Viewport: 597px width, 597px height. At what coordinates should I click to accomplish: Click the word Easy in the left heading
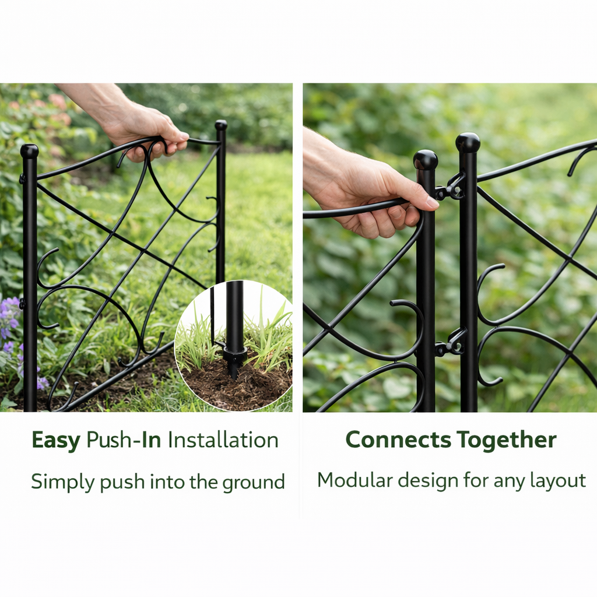55,441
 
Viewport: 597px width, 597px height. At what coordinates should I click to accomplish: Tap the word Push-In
124,441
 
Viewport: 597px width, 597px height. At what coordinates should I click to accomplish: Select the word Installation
223,440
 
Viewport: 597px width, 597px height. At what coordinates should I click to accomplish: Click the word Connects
398,440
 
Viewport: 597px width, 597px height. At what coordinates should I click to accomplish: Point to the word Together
507,441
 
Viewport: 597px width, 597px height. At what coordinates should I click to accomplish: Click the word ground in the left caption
254,483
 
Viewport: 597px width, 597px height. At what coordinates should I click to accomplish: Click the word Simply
63,482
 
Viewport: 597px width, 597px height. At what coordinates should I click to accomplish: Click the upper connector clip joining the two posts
451,187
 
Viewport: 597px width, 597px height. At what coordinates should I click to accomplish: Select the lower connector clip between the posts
451,343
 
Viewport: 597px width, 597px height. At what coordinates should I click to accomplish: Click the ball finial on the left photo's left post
29,151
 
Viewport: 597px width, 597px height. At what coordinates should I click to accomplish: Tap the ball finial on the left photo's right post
221,125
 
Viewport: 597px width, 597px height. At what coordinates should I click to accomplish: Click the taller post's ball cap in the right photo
468,143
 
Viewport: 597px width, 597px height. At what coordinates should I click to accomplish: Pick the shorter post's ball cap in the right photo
426,160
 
